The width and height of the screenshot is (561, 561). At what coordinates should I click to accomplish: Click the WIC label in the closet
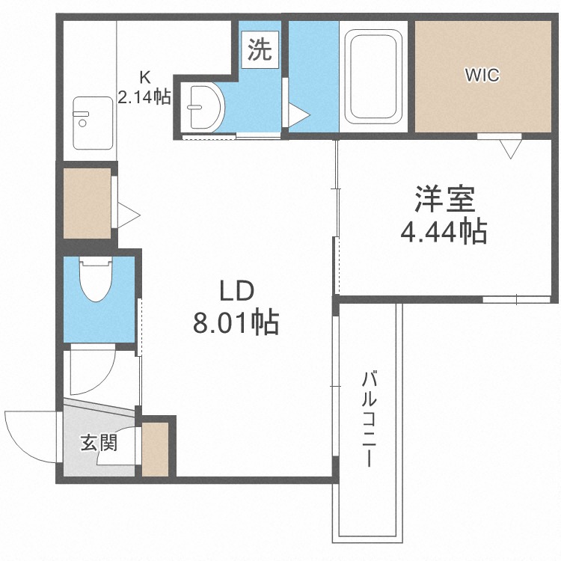pos(482,75)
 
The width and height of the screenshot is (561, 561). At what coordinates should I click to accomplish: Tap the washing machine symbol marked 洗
pos(260,49)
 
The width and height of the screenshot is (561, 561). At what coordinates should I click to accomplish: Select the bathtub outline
pos(373,77)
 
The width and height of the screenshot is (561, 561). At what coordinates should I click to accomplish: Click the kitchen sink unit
pos(93,123)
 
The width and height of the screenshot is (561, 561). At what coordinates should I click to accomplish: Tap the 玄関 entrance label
pos(99,444)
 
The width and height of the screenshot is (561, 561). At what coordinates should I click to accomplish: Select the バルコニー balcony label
pos(370,420)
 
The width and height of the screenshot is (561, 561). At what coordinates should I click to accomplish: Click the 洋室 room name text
pos(445,199)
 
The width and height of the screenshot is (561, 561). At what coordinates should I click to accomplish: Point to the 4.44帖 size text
pos(444,231)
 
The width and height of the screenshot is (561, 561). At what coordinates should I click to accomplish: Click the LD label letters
pos(236,291)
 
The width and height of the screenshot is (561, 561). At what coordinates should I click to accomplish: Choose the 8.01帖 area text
pos(236,322)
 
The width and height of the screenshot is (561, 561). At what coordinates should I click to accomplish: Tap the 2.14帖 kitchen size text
pos(144,96)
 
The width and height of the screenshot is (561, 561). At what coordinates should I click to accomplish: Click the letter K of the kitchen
pos(144,76)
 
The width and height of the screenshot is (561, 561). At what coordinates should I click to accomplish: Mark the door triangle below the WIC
pos(511,149)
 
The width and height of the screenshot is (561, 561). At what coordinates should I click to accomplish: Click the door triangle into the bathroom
pos(298,115)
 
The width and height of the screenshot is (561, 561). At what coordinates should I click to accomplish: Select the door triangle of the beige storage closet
pos(129,215)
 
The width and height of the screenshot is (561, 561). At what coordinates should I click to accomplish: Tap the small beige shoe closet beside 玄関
pos(155,450)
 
